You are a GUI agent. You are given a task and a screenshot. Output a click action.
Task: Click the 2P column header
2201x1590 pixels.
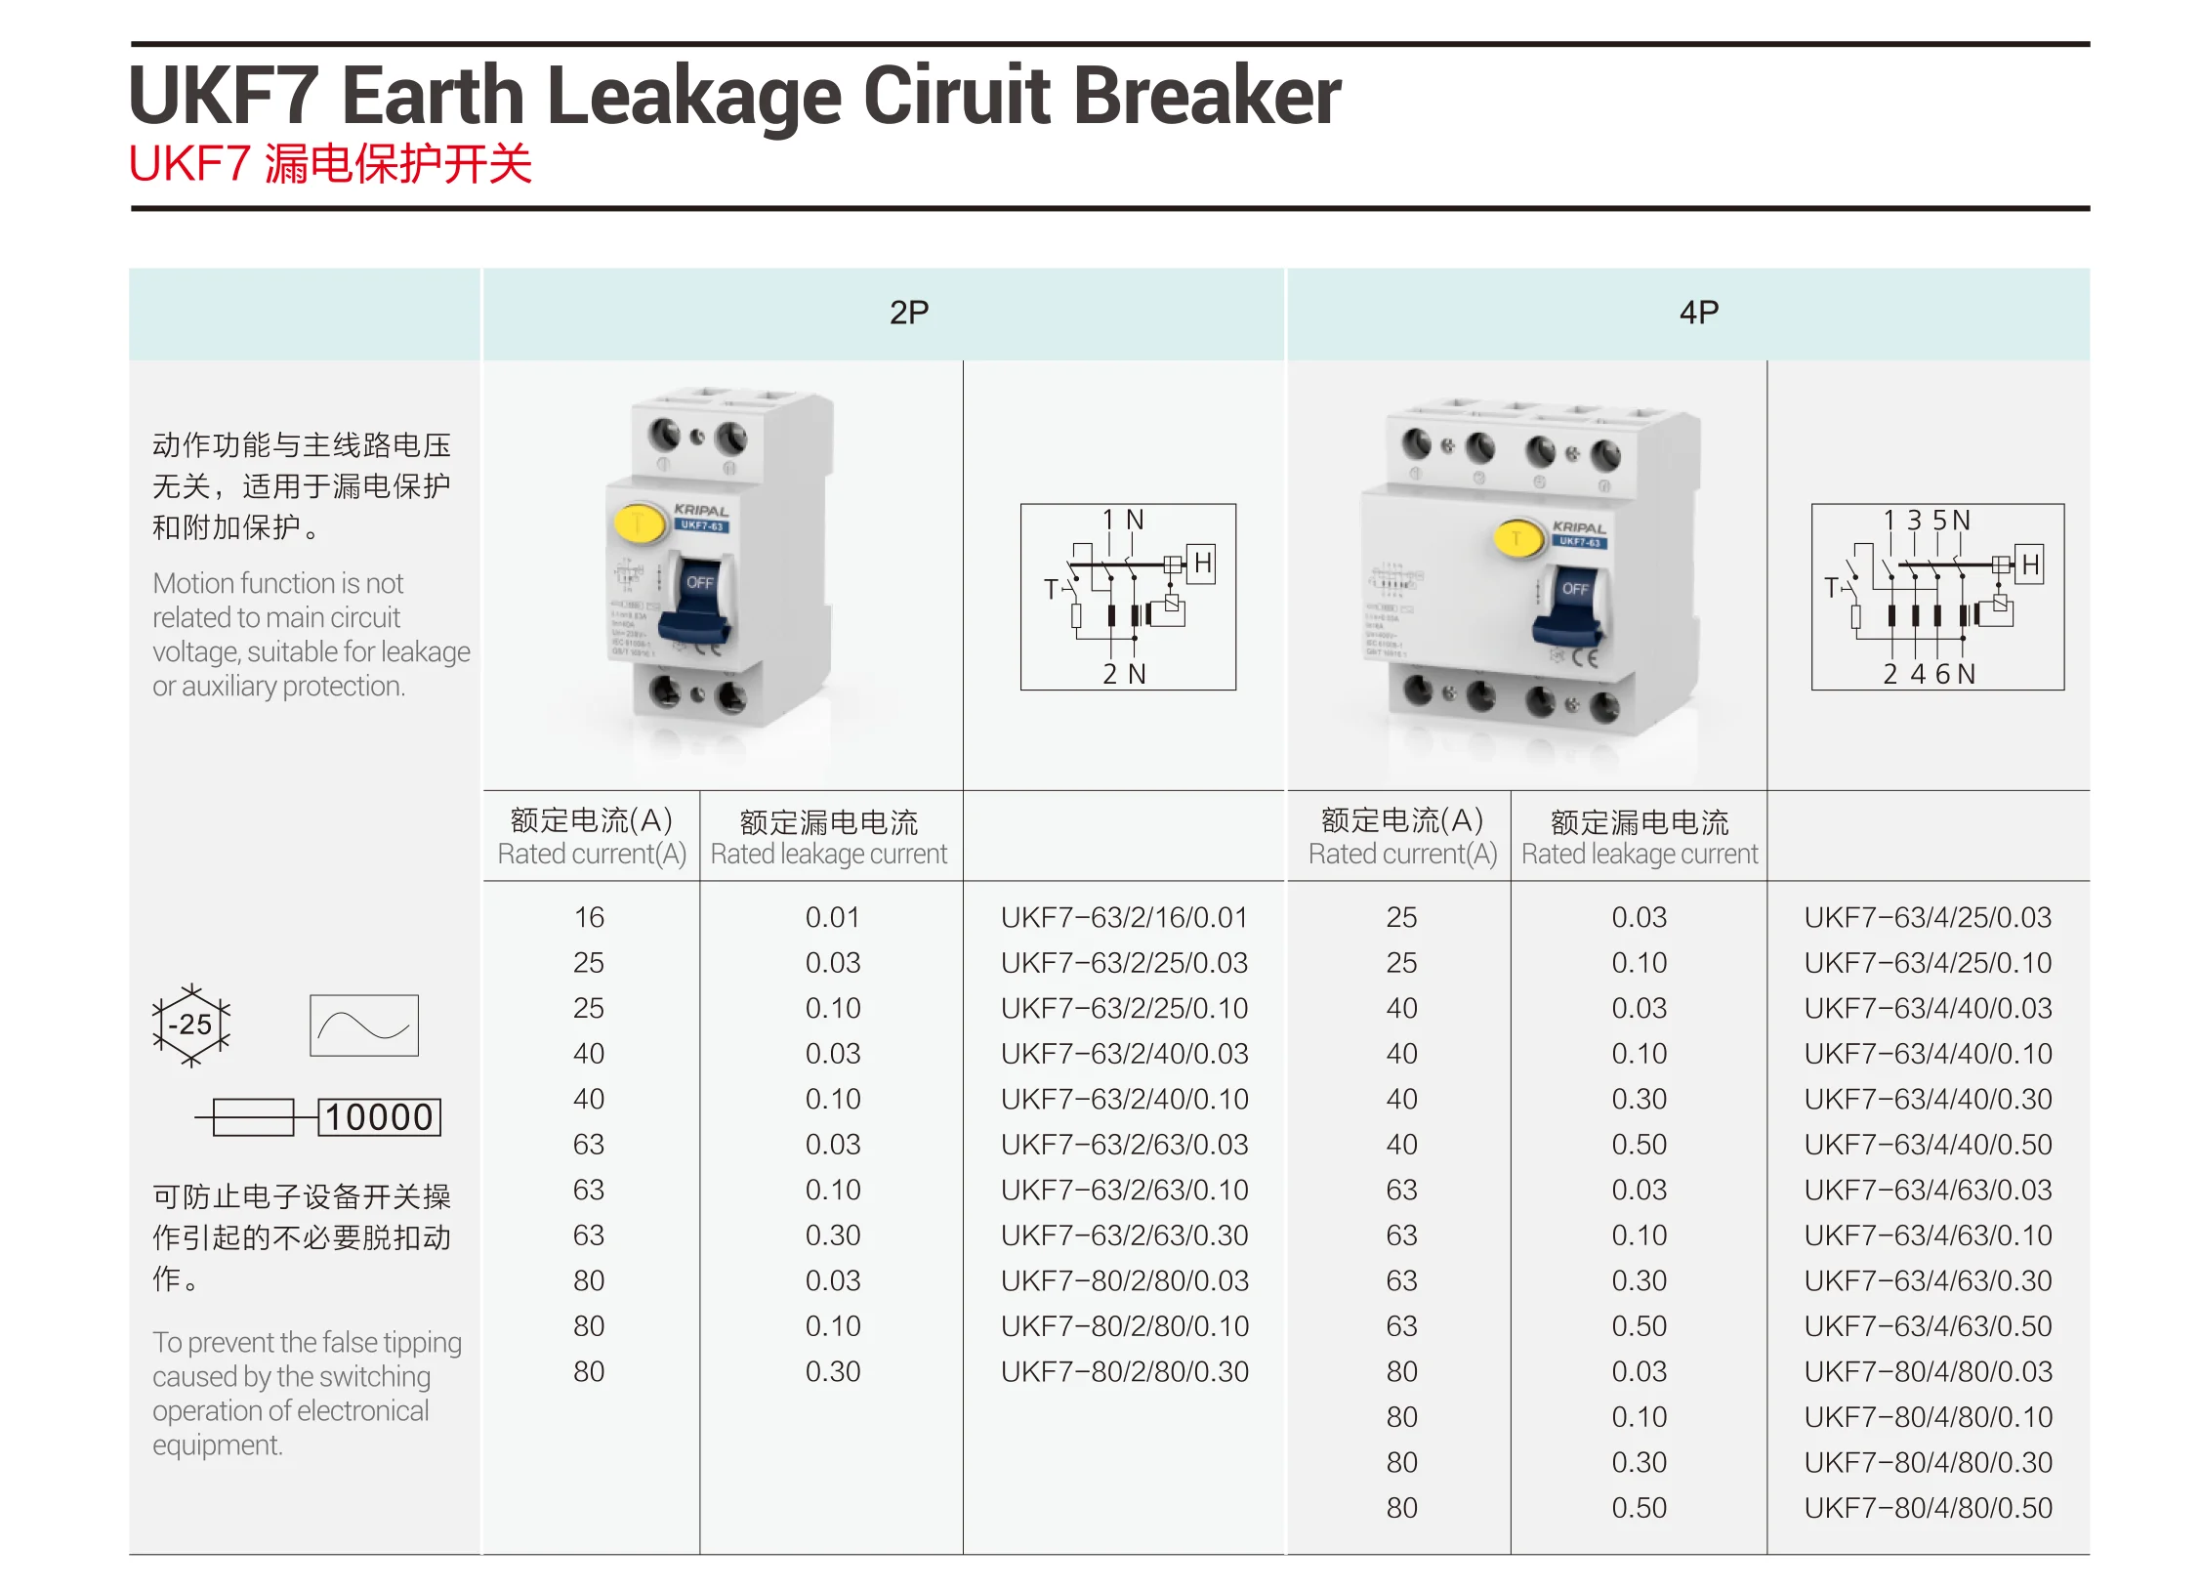pyautogui.click(x=908, y=313)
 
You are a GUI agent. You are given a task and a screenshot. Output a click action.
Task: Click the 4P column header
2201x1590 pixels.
pyautogui.click(x=1698, y=313)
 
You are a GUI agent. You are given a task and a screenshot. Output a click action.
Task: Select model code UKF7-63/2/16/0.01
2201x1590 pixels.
pyautogui.click(x=1124, y=917)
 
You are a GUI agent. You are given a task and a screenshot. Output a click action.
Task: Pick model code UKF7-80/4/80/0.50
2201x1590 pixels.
pyautogui.click(x=1928, y=1507)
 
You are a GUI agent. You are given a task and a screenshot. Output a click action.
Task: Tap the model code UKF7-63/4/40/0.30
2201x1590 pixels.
pyautogui.click(x=1928, y=1099)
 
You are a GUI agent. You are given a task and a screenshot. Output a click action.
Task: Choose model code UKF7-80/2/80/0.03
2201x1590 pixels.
pyautogui.click(x=1124, y=1280)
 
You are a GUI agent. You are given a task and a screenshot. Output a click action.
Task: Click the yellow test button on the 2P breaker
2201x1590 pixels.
pyautogui.click(x=639, y=523)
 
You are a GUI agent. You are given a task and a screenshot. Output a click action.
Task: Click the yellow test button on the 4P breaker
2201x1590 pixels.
pyautogui.click(x=1516, y=537)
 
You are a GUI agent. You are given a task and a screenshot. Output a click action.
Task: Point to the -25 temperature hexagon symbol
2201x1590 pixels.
pyautogui.click(x=191, y=1025)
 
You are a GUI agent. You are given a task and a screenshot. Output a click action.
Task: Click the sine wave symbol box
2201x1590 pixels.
pyautogui.click(x=364, y=1025)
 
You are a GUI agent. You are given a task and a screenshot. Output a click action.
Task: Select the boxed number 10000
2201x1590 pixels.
pyautogui.click(x=379, y=1117)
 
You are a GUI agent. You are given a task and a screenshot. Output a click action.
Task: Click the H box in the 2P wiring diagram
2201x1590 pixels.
pyautogui.click(x=1202, y=564)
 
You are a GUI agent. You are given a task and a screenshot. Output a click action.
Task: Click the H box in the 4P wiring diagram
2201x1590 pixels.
pyautogui.click(x=2029, y=565)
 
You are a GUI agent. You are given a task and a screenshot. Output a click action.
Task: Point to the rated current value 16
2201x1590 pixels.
pyautogui.click(x=589, y=917)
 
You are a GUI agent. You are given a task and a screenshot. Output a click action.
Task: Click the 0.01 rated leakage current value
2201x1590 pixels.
pyautogui.click(x=832, y=917)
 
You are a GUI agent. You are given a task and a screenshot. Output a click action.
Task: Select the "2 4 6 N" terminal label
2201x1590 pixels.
pyautogui.click(x=1929, y=674)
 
